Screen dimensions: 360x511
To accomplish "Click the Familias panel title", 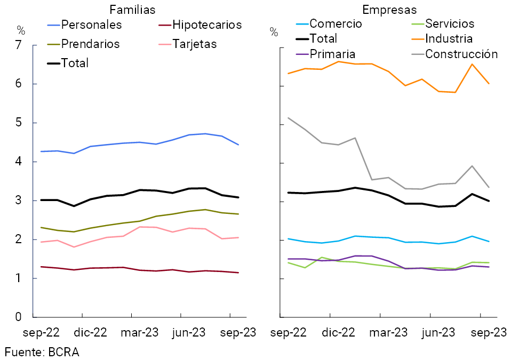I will [132, 10].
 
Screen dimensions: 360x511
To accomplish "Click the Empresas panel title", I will [389, 10].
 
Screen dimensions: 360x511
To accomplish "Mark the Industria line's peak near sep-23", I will [472, 64].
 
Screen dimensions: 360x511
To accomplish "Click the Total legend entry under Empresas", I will [323, 38].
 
